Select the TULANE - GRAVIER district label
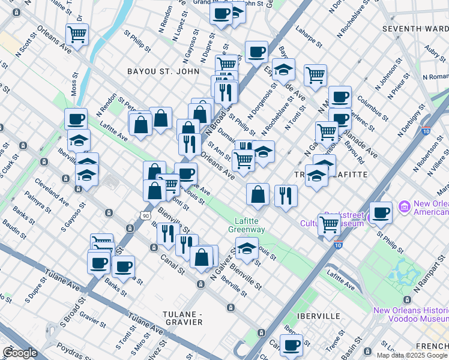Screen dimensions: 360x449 click(191, 318)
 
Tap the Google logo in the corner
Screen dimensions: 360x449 click(20, 353)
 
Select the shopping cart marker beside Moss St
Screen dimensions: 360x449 click(77, 35)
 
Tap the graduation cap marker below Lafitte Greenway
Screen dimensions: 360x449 click(247, 248)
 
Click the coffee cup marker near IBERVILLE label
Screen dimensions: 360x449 click(292, 345)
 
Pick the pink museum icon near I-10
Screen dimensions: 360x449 click(405, 208)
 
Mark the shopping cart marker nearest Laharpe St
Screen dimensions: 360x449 click(315, 75)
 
